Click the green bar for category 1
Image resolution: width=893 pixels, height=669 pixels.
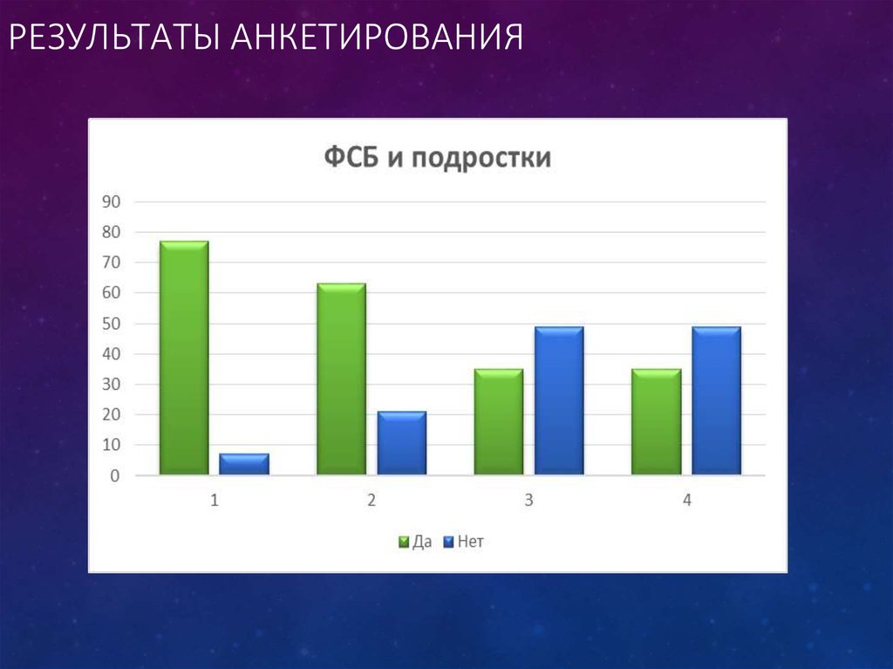[x=184, y=358]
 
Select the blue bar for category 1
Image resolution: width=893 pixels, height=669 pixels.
[x=244, y=464]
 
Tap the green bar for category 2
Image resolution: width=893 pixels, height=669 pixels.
[x=341, y=379]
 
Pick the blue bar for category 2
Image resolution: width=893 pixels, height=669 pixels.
[x=402, y=443]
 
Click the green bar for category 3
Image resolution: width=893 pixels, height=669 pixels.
[x=499, y=422]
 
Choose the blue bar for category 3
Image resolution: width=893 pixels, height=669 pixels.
[x=559, y=401]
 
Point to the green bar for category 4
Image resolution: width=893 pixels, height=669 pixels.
[x=657, y=422]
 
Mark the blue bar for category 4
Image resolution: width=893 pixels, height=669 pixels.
[x=716, y=401]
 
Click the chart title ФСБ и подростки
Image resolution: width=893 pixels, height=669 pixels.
[x=438, y=158]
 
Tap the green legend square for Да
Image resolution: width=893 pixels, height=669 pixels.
[x=404, y=542]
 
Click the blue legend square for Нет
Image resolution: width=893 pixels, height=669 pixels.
[x=449, y=542]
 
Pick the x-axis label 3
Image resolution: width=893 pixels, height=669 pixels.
[x=528, y=501]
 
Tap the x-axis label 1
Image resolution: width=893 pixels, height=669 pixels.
[x=215, y=501]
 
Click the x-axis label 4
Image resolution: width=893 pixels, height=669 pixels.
[x=687, y=501]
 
